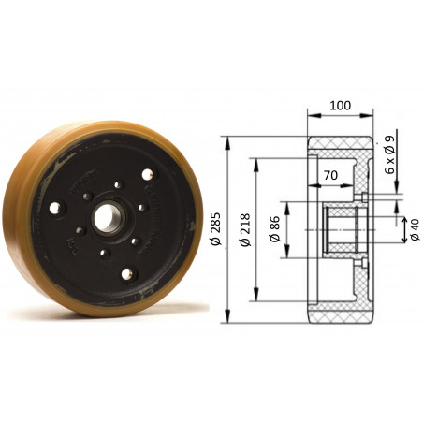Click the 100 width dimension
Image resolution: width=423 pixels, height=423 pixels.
pyautogui.click(x=341, y=106)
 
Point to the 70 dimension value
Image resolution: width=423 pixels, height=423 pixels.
pyautogui.click(x=329, y=175)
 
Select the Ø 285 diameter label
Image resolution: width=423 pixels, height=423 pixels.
pyautogui.click(x=216, y=227)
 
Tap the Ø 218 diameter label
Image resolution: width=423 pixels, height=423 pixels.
pyautogui.click(x=244, y=227)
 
